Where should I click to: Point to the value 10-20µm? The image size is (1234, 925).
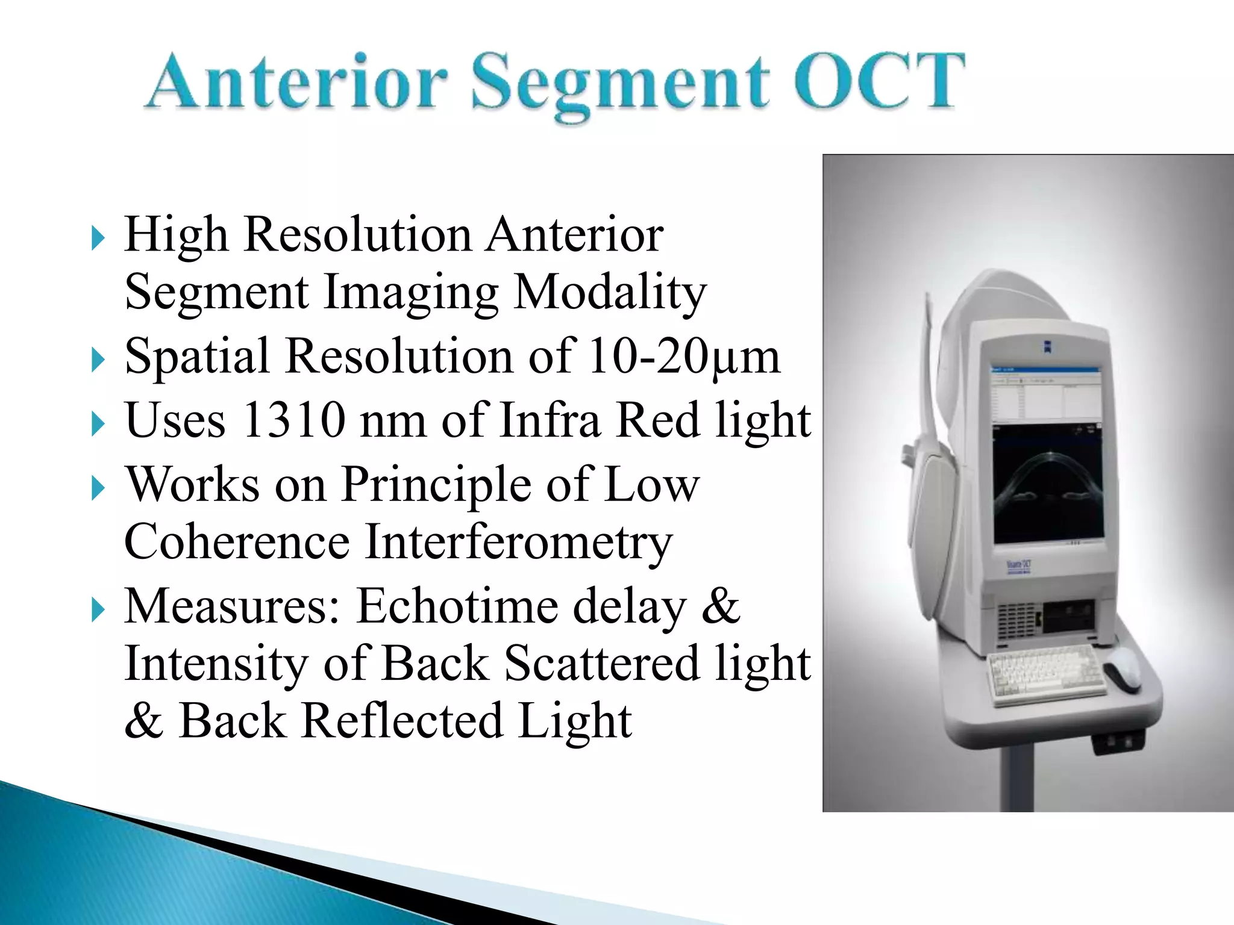tap(683, 357)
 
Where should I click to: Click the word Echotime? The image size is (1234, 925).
tap(461, 606)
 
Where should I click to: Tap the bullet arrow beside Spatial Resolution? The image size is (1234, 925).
tap(98, 361)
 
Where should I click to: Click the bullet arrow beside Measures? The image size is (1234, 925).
tap(98, 611)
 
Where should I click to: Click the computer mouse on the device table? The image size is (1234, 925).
tap(1121, 669)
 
